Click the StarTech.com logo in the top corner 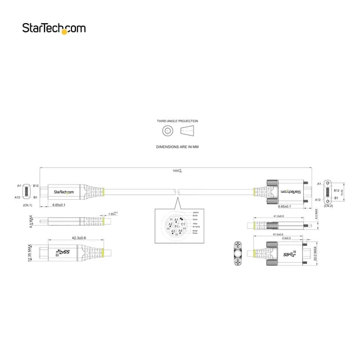click(x=54, y=28)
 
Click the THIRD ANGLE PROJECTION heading click(x=177, y=121)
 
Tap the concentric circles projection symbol click(x=167, y=131)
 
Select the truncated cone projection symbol click(x=187, y=131)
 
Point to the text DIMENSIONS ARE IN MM click(x=177, y=146)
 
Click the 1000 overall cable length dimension click(x=178, y=170)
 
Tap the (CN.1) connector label click(x=28, y=205)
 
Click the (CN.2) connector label click(x=328, y=206)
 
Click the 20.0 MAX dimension click(x=316, y=251)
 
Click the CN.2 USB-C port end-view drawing click(x=328, y=191)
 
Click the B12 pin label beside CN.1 click(x=36, y=185)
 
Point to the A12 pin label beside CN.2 click(x=318, y=200)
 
